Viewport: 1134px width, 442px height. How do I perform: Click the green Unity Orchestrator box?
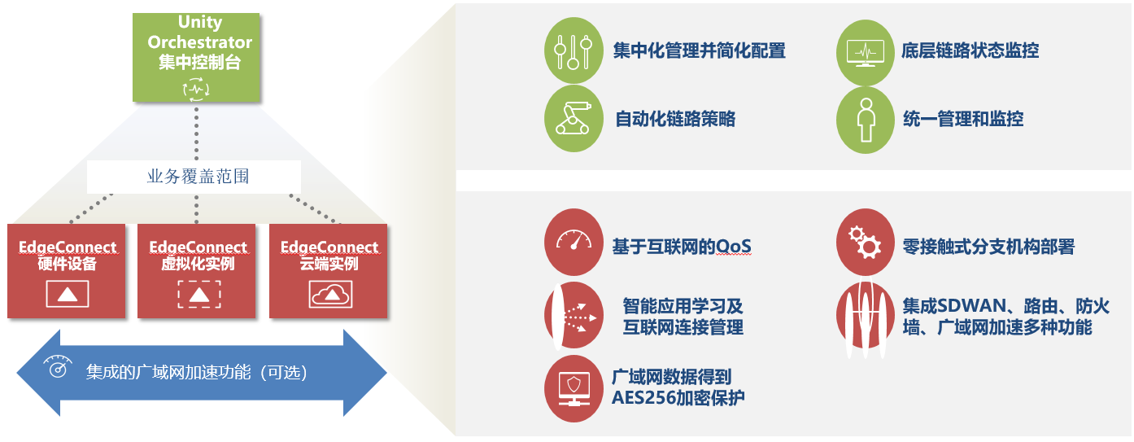pyautogui.click(x=196, y=57)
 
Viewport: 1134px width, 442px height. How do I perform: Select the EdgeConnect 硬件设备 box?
pyautogui.click(x=67, y=271)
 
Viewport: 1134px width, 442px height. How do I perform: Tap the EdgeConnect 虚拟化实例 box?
pyautogui.click(x=196, y=271)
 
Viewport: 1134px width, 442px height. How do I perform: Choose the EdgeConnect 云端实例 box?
pyautogui.click(x=328, y=271)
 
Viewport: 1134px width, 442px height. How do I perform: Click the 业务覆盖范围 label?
pyautogui.click(x=198, y=177)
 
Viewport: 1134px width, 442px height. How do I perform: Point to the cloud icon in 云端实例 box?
pyautogui.click(x=330, y=294)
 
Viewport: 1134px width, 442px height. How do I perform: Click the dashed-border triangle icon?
pyautogui.click(x=199, y=294)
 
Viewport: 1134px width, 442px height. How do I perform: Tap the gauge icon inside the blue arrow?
pyautogui.click(x=58, y=366)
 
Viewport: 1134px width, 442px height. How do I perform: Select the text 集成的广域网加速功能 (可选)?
pyautogui.click(x=196, y=373)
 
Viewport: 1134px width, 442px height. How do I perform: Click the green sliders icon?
pyautogui.click(x=574, y=50)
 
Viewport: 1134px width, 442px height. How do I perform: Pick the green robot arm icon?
pyautogui.click(x=574, y=119)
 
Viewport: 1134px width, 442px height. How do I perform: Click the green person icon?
pyautogui.click(x=866, y=120)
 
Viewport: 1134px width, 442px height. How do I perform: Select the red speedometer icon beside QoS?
pyautogui.click(x=574, y=242)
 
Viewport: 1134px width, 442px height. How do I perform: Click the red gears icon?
pyautogui.click(x=866, y=242)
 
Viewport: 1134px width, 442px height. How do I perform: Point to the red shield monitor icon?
pyautogui.click(x=574, y=388)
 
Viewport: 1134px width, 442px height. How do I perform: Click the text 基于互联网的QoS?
pyautogui.click(x=682, y=247)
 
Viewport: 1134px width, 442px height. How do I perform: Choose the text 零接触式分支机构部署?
pyautogui.click(x=988, y=247)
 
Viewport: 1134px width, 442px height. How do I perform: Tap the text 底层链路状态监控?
pyautogui.click(x=970, y=50)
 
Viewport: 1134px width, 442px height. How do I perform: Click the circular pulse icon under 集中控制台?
pyautogui.click(x=196, y=89)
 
